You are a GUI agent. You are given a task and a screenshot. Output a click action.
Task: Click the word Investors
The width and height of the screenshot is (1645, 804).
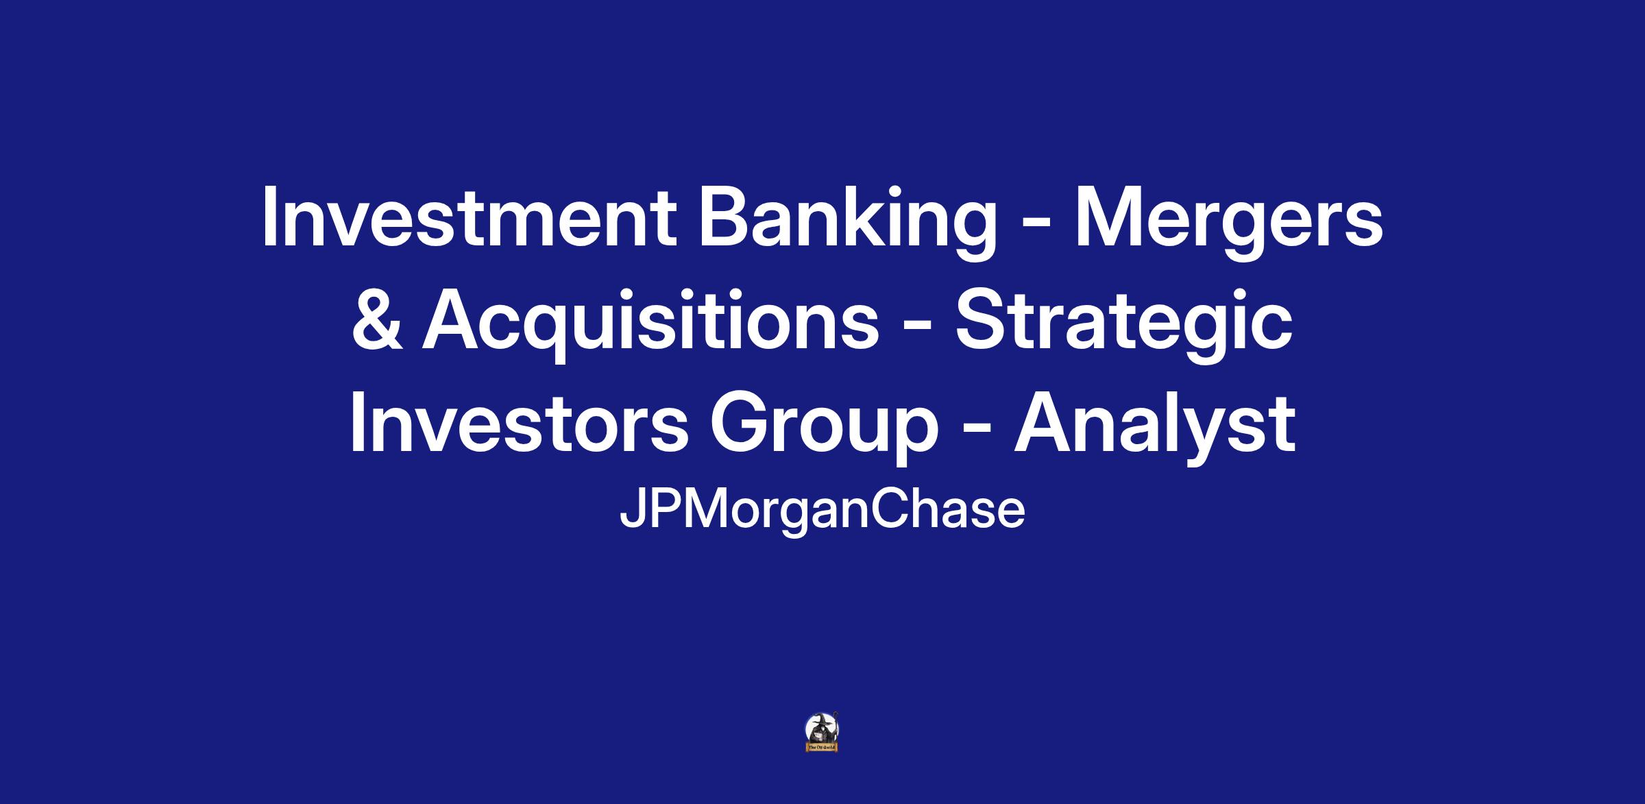coord(519,423)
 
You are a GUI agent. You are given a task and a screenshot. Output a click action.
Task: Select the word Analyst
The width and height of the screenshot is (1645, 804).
coord(1155,426)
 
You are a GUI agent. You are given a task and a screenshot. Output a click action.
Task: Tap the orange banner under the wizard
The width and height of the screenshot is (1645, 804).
coord(822,747)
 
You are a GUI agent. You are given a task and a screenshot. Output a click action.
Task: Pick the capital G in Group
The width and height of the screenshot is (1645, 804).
coord(739,423)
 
